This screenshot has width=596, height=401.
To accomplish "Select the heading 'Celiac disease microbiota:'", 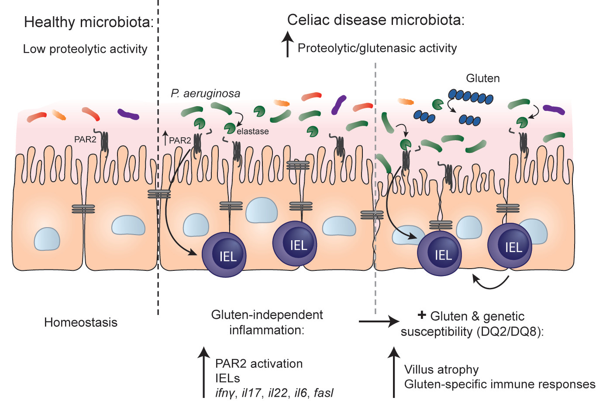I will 375,20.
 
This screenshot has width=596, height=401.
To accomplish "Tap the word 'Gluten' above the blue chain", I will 482,78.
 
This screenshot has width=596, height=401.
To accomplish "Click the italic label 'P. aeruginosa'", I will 205,93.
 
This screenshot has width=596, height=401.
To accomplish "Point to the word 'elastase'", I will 253,131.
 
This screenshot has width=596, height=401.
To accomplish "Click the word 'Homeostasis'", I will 81,322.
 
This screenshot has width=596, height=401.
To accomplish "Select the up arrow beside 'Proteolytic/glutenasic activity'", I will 287,45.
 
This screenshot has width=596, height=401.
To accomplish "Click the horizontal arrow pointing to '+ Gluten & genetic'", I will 376,322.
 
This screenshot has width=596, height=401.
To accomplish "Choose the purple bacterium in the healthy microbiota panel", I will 128,114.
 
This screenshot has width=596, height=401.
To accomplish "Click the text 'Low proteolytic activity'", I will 85,49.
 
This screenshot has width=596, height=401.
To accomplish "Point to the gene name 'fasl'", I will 324,393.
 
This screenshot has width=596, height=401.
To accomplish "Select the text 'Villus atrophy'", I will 441,370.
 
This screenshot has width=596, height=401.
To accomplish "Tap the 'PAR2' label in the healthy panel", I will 85,139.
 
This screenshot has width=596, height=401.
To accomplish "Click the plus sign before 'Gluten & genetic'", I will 422,315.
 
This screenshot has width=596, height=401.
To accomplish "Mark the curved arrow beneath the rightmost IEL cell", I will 491,282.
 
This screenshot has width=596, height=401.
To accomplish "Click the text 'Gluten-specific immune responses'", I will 500,384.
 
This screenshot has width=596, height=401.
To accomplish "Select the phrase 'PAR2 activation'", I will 259,363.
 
